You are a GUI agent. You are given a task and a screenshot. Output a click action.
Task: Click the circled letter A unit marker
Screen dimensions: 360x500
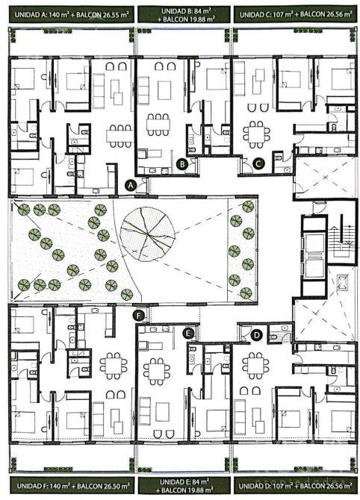point(130,184)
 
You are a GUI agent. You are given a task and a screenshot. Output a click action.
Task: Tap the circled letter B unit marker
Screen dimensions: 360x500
point(182,164)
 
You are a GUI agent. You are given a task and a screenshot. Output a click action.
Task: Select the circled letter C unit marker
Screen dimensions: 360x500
point(258,163)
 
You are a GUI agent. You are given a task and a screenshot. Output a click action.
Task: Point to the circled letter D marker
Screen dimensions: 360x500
point(256,335)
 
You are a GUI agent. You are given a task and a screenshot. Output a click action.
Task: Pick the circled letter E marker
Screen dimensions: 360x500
point(189,334)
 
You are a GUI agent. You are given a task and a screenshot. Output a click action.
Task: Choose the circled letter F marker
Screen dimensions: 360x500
point(138,316)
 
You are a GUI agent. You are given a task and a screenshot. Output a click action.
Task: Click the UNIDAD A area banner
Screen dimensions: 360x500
point(72,15)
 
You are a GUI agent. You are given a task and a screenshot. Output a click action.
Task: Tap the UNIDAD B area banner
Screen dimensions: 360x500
point(184,15)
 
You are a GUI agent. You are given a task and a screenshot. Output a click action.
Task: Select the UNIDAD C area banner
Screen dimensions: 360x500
point(296,15)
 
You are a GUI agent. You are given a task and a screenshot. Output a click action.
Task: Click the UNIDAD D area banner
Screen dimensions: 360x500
point(296,486)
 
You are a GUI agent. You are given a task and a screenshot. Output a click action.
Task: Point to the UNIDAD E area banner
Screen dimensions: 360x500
point(184,486)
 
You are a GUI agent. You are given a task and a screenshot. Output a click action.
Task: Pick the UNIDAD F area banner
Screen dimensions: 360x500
point(72,486)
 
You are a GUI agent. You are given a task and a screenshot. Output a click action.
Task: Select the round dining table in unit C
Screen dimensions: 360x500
point(256,134)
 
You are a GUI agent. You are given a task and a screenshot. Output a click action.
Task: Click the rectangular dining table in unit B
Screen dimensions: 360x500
point(158,125)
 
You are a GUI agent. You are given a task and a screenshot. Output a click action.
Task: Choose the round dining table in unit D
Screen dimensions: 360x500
point(255,365)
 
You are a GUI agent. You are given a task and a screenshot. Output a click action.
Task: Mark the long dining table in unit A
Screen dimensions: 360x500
point(120,136)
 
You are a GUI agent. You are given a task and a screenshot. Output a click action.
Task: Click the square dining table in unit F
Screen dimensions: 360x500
point(114,366)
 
